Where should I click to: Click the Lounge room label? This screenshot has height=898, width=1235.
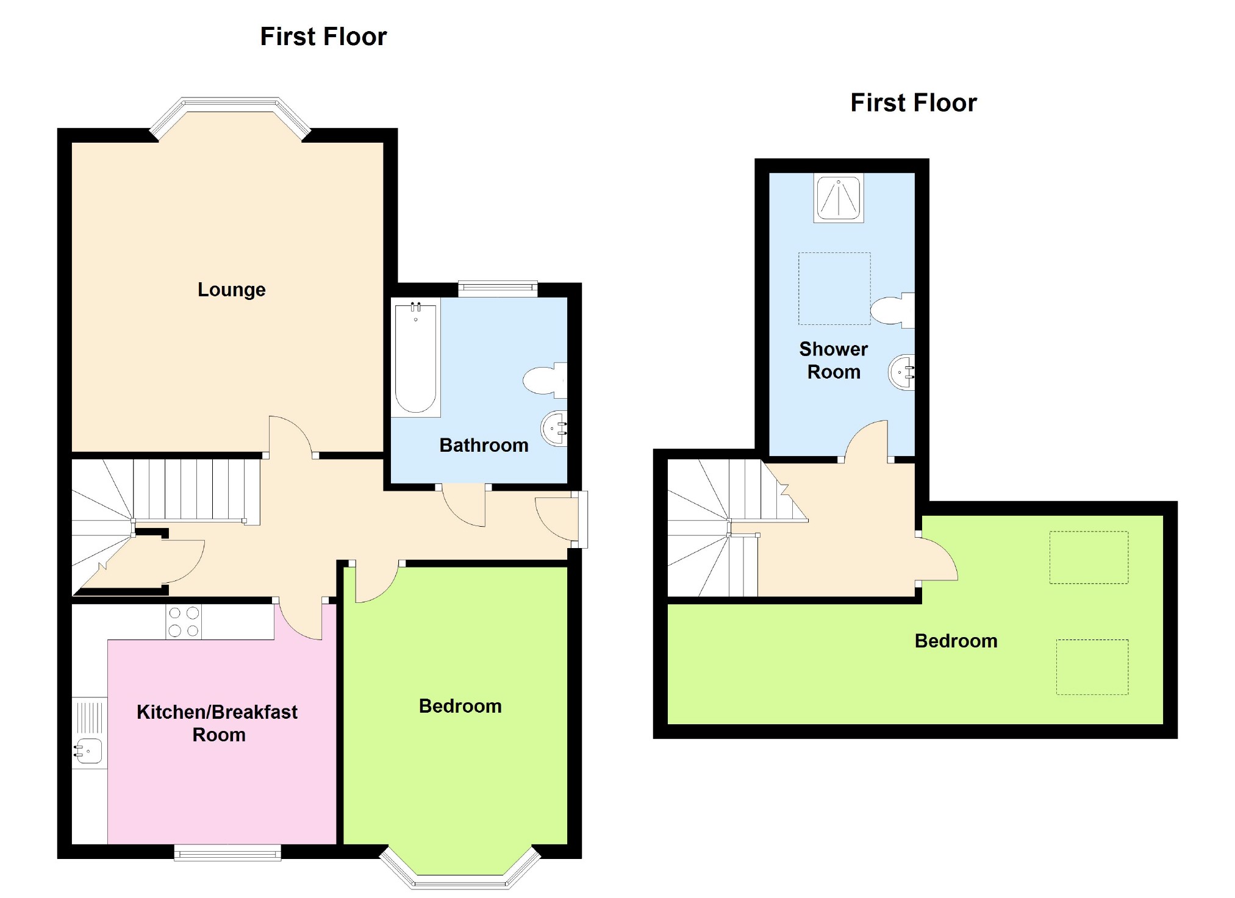point(231,290)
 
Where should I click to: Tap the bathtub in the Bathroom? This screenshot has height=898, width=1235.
point(415,358)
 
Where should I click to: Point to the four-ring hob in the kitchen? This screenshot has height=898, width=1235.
point(184,622)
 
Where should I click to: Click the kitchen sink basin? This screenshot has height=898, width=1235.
point(89,751)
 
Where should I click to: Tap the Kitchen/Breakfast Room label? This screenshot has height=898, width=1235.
point(217,723)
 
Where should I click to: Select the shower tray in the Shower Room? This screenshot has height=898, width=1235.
point(839,198)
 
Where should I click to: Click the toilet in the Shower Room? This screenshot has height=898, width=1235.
point(892,310)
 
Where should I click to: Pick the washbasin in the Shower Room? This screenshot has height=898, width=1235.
point(902,372)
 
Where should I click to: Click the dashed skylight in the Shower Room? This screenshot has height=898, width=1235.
point(834,288)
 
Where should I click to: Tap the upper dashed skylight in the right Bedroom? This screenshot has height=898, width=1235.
point(1089,557)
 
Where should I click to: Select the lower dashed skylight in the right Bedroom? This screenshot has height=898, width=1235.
point(1092,667)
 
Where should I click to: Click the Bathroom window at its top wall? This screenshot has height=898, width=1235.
point(498,288)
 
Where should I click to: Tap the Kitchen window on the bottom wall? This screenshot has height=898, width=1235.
point(227,852)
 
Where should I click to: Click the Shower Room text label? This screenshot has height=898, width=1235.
point(833,360)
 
